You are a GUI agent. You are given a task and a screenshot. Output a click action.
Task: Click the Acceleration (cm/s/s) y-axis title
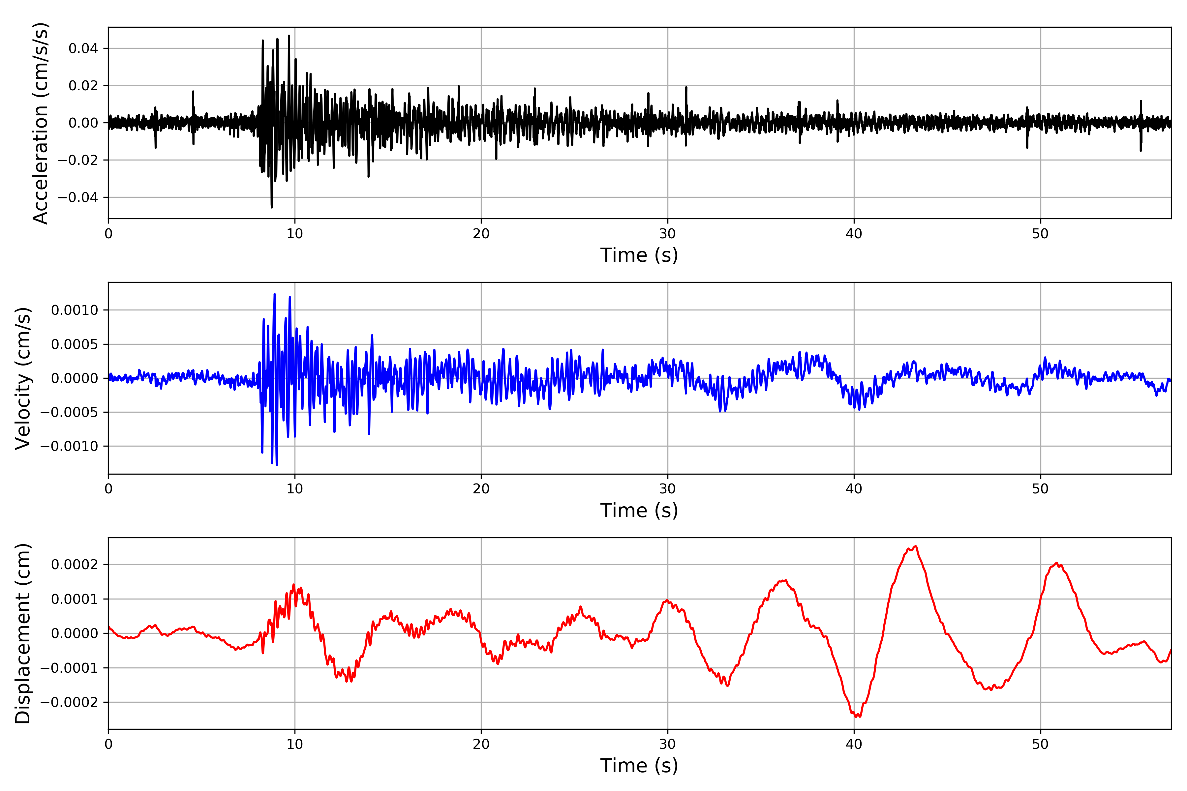point(40,123)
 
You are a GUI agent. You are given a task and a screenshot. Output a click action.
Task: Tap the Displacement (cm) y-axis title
point(23,633)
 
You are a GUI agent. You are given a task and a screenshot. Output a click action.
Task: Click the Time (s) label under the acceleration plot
point(639,255)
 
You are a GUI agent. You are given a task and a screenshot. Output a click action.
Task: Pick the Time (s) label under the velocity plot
point(639,511)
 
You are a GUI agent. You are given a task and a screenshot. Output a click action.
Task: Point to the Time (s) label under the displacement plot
point(639,766)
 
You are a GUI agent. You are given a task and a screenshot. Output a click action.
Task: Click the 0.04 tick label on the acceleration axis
point(83,48)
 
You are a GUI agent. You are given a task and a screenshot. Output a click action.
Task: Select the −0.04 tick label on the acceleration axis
point(78,197)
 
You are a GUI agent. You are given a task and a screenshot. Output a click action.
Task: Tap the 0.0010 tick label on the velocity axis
point(75,310)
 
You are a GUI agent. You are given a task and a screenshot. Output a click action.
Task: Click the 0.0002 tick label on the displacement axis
point(75,565)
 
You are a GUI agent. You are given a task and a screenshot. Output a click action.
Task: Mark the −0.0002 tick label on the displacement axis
point(69,702)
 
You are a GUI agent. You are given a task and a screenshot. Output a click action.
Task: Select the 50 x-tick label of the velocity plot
point(1040,489)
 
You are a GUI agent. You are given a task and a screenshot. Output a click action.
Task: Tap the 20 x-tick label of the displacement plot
point(481,744)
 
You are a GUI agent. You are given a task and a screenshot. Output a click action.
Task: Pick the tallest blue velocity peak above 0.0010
point(275,294)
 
